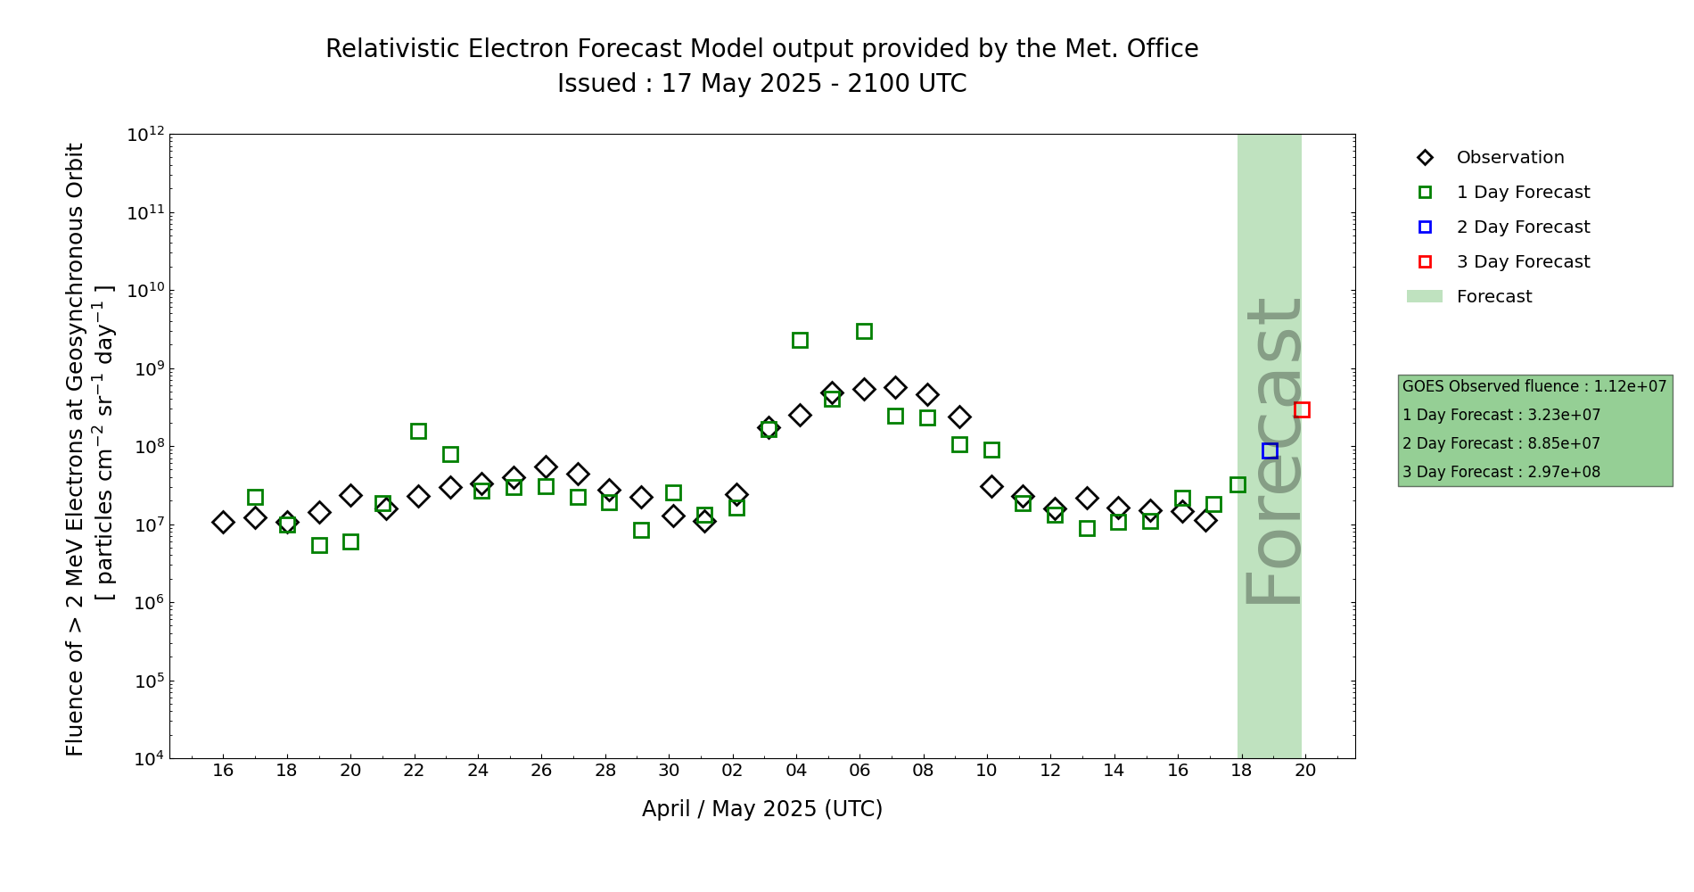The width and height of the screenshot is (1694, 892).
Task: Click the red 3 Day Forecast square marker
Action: pyautogui.click(x=1302, y=410)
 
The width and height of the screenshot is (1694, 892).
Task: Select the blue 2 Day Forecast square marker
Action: pyautogui.click(x=1270, y=451)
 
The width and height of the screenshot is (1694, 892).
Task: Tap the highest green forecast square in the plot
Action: pyautogui.click(x=864, y=332)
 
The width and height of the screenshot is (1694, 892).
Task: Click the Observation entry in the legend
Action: pyautogui.click(x=1509, y=158)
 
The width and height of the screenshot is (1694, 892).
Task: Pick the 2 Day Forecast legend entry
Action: pyautogui.click(x=1522, y=227)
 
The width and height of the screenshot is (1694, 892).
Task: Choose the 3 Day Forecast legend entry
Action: pyautogui.click(x=1522, y=262)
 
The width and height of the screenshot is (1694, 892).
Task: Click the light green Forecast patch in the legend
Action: pyautogui.click(x=1424, y=297)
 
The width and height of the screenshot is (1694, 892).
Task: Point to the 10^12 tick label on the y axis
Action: pyautogui.click(x=145, y=136)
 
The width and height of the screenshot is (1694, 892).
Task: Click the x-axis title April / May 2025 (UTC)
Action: pyautogui.click(x=761, y=809)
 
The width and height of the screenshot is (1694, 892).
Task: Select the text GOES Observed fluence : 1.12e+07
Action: pyautogui.click(x=1534, y=387)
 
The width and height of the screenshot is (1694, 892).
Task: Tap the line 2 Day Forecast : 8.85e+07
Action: pyautogui.click(x=1501, y=444)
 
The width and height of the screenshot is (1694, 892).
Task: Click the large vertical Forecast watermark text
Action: pyautogui.click(x=1272, y=451)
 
